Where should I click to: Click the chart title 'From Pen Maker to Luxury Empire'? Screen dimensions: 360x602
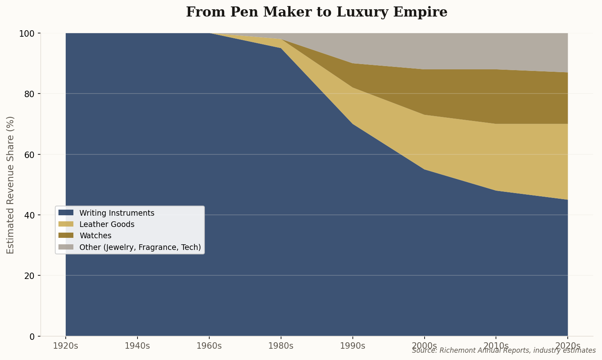(317, 12)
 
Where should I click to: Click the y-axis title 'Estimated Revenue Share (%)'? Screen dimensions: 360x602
(10, 185)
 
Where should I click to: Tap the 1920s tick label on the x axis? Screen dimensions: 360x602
(66, 346)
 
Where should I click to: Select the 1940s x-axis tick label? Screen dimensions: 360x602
(137, 346)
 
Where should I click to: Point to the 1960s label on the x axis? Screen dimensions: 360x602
(209, 346)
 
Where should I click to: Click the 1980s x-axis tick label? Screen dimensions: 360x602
(281, 346)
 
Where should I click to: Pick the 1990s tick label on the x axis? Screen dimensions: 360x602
(353, 346)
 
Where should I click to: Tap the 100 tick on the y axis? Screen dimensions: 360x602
(29, 33)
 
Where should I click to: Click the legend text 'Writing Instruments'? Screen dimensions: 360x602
(117, 213)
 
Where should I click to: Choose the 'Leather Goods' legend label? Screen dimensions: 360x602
(107, 224)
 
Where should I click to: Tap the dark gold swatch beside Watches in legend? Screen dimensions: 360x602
(66, 235)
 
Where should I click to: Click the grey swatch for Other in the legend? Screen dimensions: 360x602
(66, 247)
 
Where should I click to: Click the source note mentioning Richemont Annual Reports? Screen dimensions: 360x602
(504, 350)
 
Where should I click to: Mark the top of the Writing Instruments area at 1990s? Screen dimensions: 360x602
(353, 124)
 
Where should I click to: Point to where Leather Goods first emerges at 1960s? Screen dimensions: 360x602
(209, 33)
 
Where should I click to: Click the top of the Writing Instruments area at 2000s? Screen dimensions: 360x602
(425, 170)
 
